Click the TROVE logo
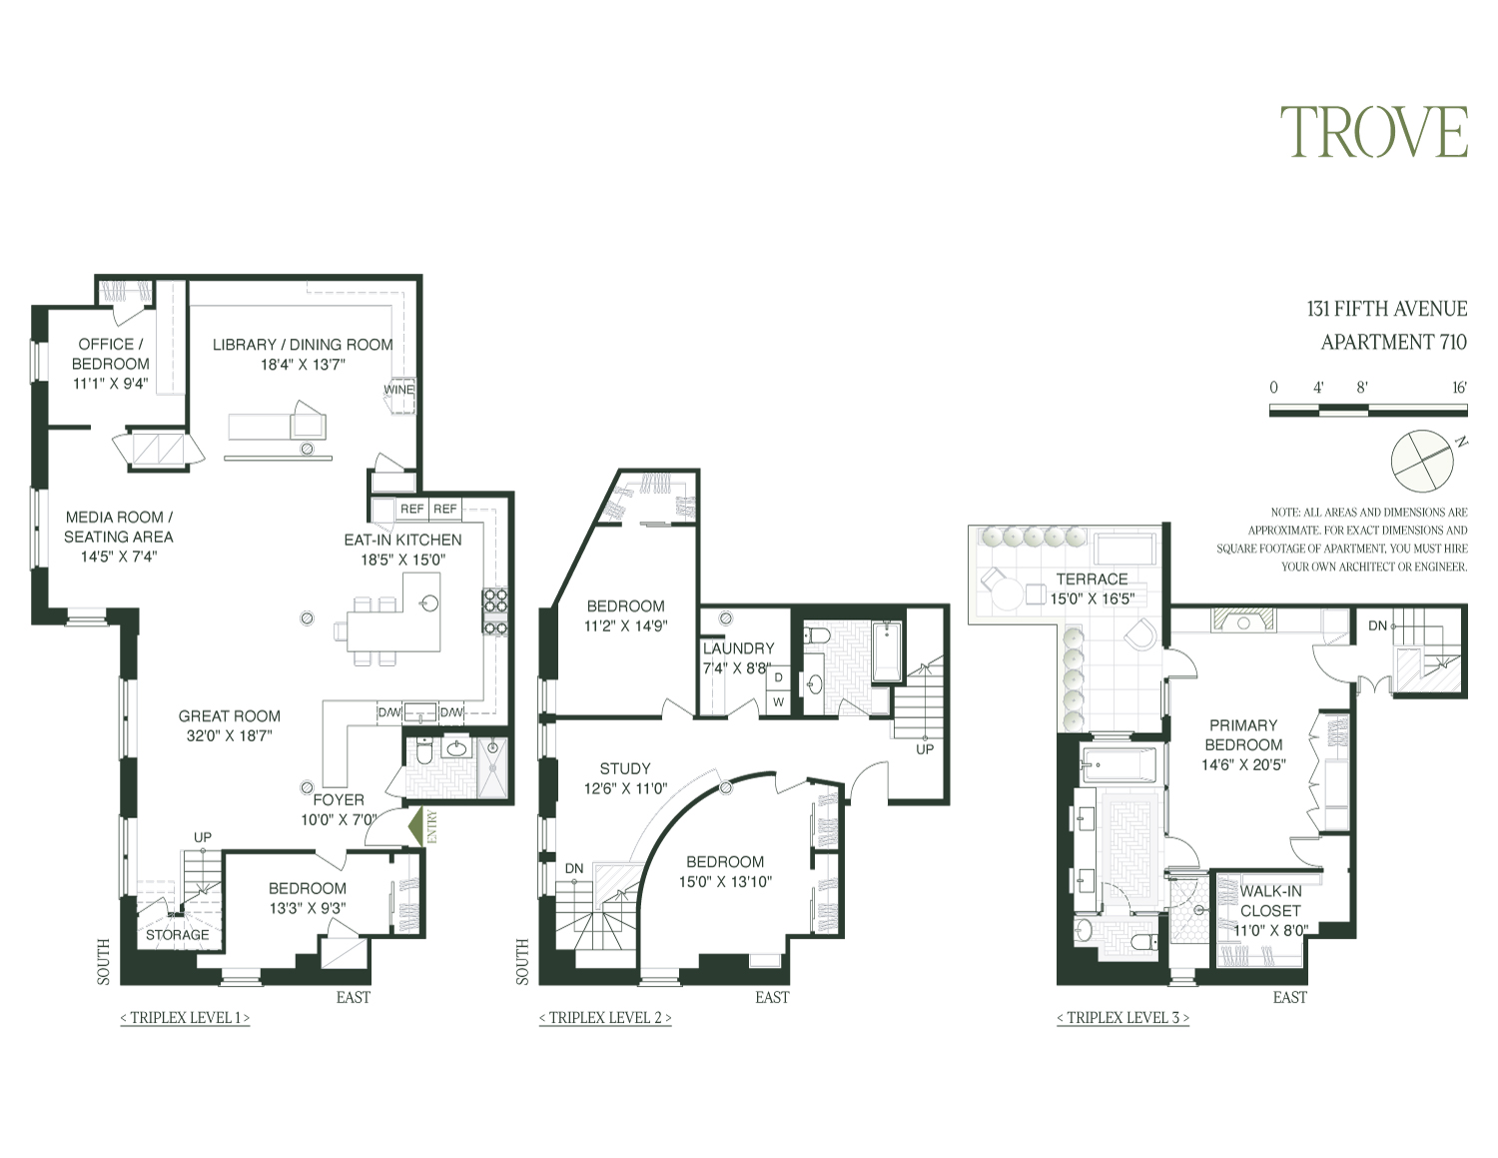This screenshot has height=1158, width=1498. click(x=1374, y=133)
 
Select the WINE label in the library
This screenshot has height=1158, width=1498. click(x=398, y=390)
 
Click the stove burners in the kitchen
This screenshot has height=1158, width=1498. click(x=495, y=612)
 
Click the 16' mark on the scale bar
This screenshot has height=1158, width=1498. click(x=1459, y=388)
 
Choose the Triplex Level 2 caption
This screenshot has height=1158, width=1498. click(x=605, y=1018)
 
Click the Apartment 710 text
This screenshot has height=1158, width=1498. click(x=1393, y=342)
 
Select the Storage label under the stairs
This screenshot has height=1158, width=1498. click(x=178, y=935)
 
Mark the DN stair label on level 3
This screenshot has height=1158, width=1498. click(x=1377, y=625)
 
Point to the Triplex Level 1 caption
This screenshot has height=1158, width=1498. click(x=185, y=1018)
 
